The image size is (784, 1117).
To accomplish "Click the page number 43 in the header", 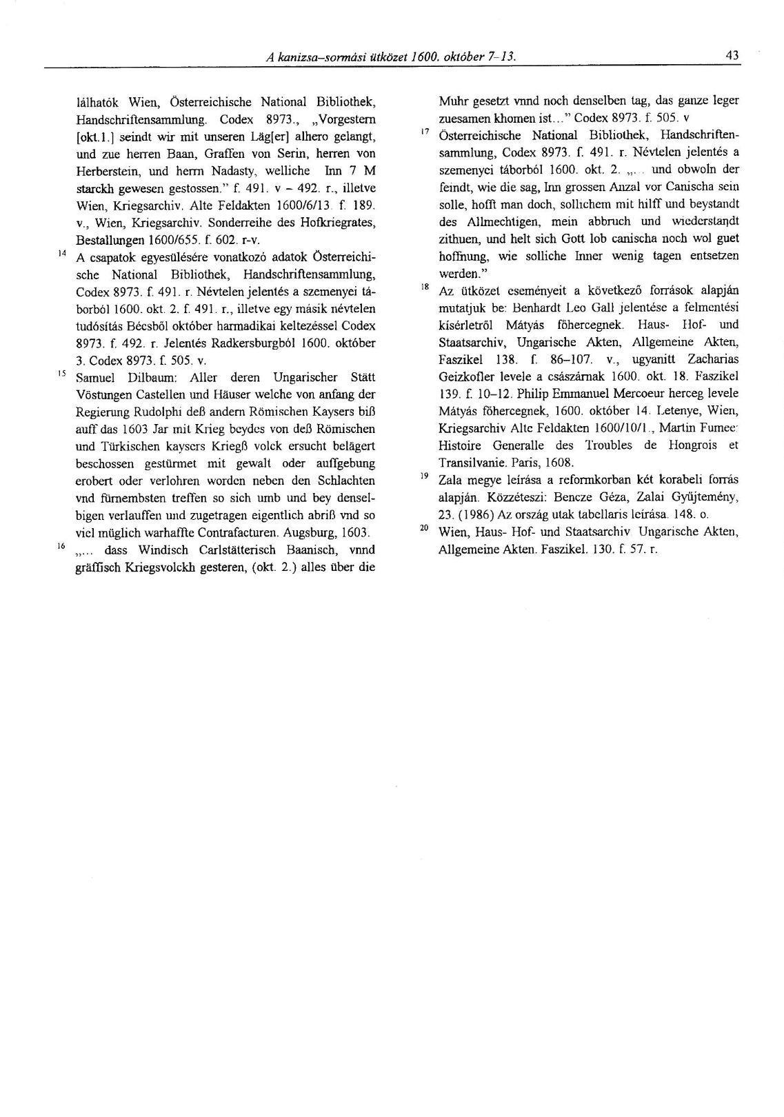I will (732, 55).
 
